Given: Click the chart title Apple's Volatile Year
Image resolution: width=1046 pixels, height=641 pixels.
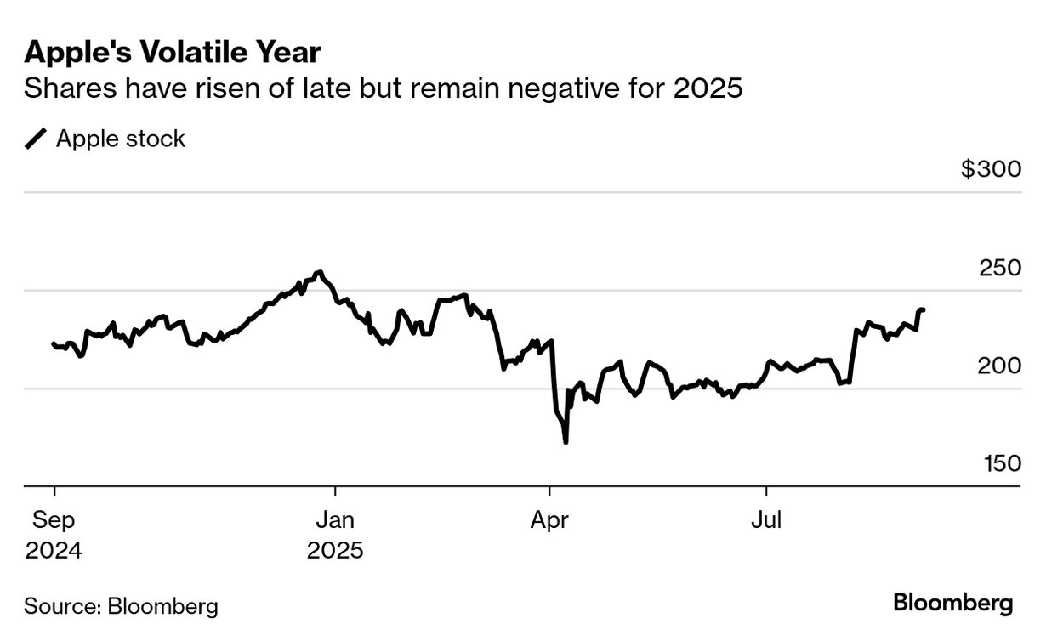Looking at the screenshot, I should click(x=173, y=53).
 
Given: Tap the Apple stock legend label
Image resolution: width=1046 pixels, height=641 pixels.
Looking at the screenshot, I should click(x=120, y=139).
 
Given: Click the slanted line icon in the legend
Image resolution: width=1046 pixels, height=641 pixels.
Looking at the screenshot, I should click(x=37, y=139).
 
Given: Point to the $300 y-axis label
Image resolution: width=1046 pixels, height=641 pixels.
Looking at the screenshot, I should click(x=991, y=169).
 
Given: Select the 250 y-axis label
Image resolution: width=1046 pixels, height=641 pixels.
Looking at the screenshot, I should click(x=998, y=267).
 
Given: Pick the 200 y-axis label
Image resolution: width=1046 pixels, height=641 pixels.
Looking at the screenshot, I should click(x=998, y=366).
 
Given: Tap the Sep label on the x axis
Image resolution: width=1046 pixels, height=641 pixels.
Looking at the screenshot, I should click(x=54, y=520).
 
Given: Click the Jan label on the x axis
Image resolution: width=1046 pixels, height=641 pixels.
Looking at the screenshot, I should click(x=335, y=520).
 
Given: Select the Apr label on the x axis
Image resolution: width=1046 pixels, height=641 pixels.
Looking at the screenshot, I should click(x=549, y=520).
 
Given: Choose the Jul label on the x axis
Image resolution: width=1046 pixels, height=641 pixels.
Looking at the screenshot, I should click(x=766, y=520).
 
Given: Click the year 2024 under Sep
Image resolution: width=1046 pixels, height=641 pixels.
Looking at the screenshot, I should click(x=54, y=550).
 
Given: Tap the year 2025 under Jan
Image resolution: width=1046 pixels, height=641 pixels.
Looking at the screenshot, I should click(x=335, y=550).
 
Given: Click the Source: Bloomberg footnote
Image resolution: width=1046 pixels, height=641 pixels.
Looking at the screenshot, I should click(x=121, y=606).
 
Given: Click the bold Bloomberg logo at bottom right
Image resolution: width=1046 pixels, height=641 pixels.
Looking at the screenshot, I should click(x=953, y=604).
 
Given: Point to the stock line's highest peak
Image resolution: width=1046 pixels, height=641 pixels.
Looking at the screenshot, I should click(x=320, y=272).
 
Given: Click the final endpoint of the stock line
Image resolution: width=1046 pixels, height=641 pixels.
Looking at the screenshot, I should click(x=924, y=310).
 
